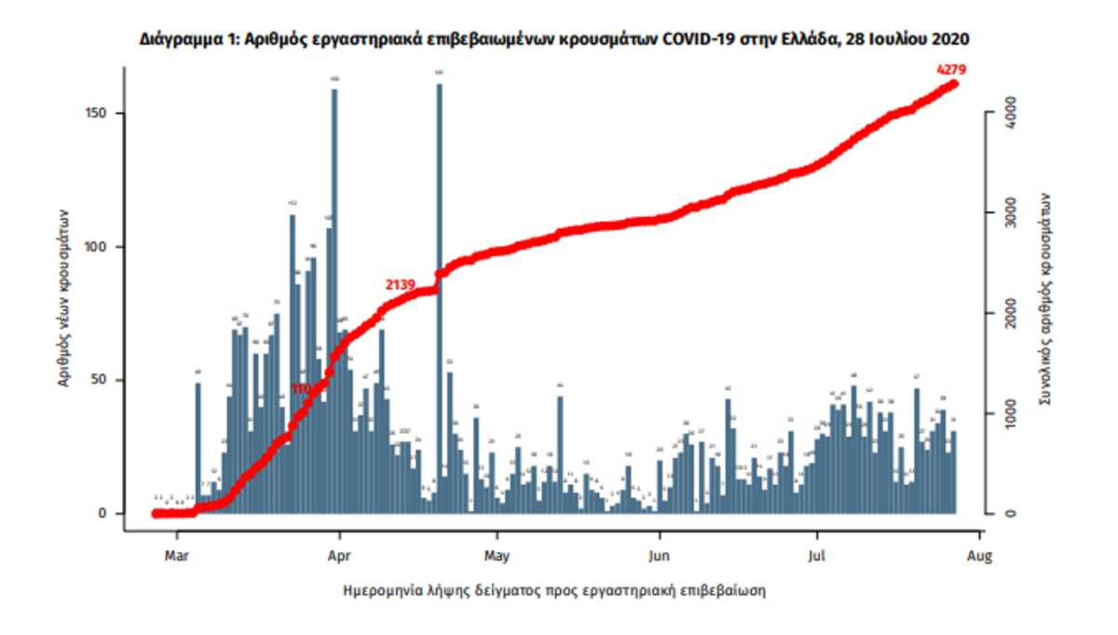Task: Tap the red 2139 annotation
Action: [402, 283]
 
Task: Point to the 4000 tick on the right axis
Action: [1008, 114]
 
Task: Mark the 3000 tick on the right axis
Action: [1008, 213]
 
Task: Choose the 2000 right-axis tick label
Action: [1008, 313]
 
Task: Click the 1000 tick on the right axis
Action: [1008, 413]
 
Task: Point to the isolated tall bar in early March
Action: [198, 447]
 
